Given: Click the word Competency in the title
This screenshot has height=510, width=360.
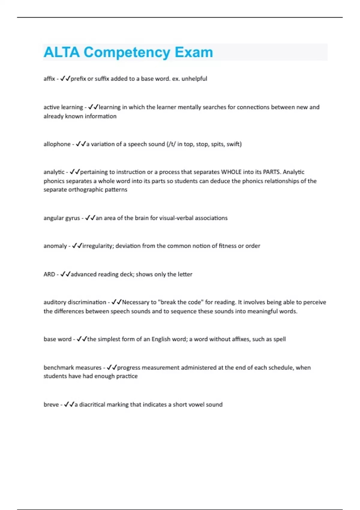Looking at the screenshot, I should coord(127,52).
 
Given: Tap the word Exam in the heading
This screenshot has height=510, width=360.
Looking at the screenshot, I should coord(194,52).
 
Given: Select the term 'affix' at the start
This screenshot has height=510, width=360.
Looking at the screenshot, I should coord(49,79).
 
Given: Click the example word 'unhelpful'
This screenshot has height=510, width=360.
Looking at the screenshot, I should coord(194,79).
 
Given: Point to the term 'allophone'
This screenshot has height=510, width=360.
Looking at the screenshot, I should coord(57,144).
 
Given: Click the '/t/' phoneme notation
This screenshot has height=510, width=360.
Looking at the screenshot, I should coord(172,144).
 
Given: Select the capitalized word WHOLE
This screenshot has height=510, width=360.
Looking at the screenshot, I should coord(231,172).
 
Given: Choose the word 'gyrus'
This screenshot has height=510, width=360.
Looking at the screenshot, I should coord(73,218).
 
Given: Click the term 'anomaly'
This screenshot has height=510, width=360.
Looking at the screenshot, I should coord(55,246).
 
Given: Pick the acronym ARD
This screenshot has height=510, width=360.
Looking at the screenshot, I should coord(49,274).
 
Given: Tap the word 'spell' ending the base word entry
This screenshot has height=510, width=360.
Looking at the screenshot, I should coord(280,339).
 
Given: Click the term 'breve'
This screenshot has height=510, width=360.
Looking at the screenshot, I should coord(51,404).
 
